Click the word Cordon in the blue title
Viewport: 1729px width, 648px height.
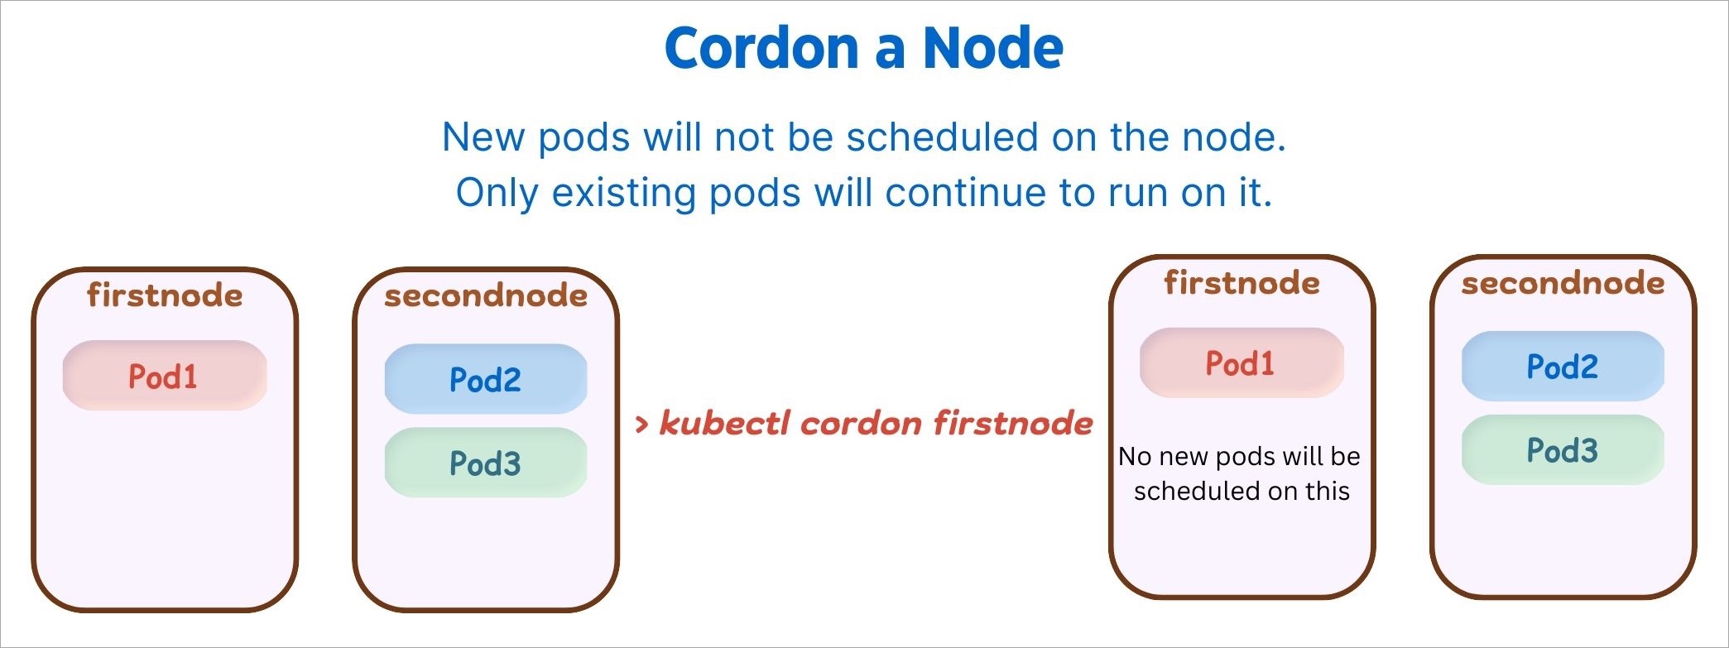pyautogui.click(x=761, y=48)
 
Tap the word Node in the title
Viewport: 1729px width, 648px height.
pyautogui.click(x=993, y=48)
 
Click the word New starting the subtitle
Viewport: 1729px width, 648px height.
pyautogui.click(x=483, y=137)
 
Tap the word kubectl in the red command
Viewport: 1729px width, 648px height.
pyautogui.click(x=724, y=423)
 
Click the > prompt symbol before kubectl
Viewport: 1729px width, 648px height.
pyautogui.click(x=641, y=425)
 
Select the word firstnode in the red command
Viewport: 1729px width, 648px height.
pyautogui.click(x=1013, y=423)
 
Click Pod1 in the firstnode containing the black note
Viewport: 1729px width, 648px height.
pyautogui.click(x=1241, y=363)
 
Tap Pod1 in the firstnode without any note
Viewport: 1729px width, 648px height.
pyautogui.click(x=164, y=376)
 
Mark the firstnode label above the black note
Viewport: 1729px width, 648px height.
pyautogui.click(x=1242, y=283)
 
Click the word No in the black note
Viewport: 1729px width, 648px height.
pyautogui.click(x=1135, y=456)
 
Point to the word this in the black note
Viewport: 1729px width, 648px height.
pyautogui.click(x=1328, y=491)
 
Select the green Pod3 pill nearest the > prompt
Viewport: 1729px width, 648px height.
pyautogui.click(x=486, y=463)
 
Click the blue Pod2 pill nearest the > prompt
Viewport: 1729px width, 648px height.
pyautogui.click(x=486, y=379)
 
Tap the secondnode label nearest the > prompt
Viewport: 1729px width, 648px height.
pyautogui.click(x=486, y=295)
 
